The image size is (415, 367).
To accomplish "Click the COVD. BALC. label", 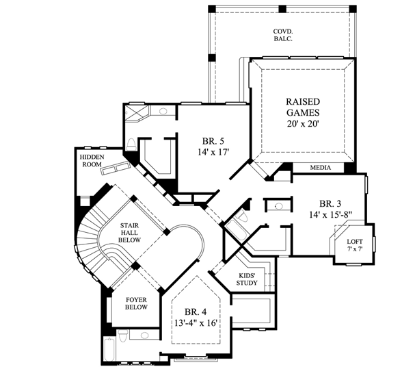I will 283,35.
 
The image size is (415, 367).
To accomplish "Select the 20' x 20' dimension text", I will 302,125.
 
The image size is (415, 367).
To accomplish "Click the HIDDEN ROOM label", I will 92,160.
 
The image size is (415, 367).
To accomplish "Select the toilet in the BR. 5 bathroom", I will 131,144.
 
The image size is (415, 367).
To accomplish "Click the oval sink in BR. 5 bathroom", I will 163,111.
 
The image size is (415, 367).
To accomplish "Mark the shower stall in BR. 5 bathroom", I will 136,113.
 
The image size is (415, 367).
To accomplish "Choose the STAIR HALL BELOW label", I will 130,232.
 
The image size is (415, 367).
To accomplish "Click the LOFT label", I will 354,244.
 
